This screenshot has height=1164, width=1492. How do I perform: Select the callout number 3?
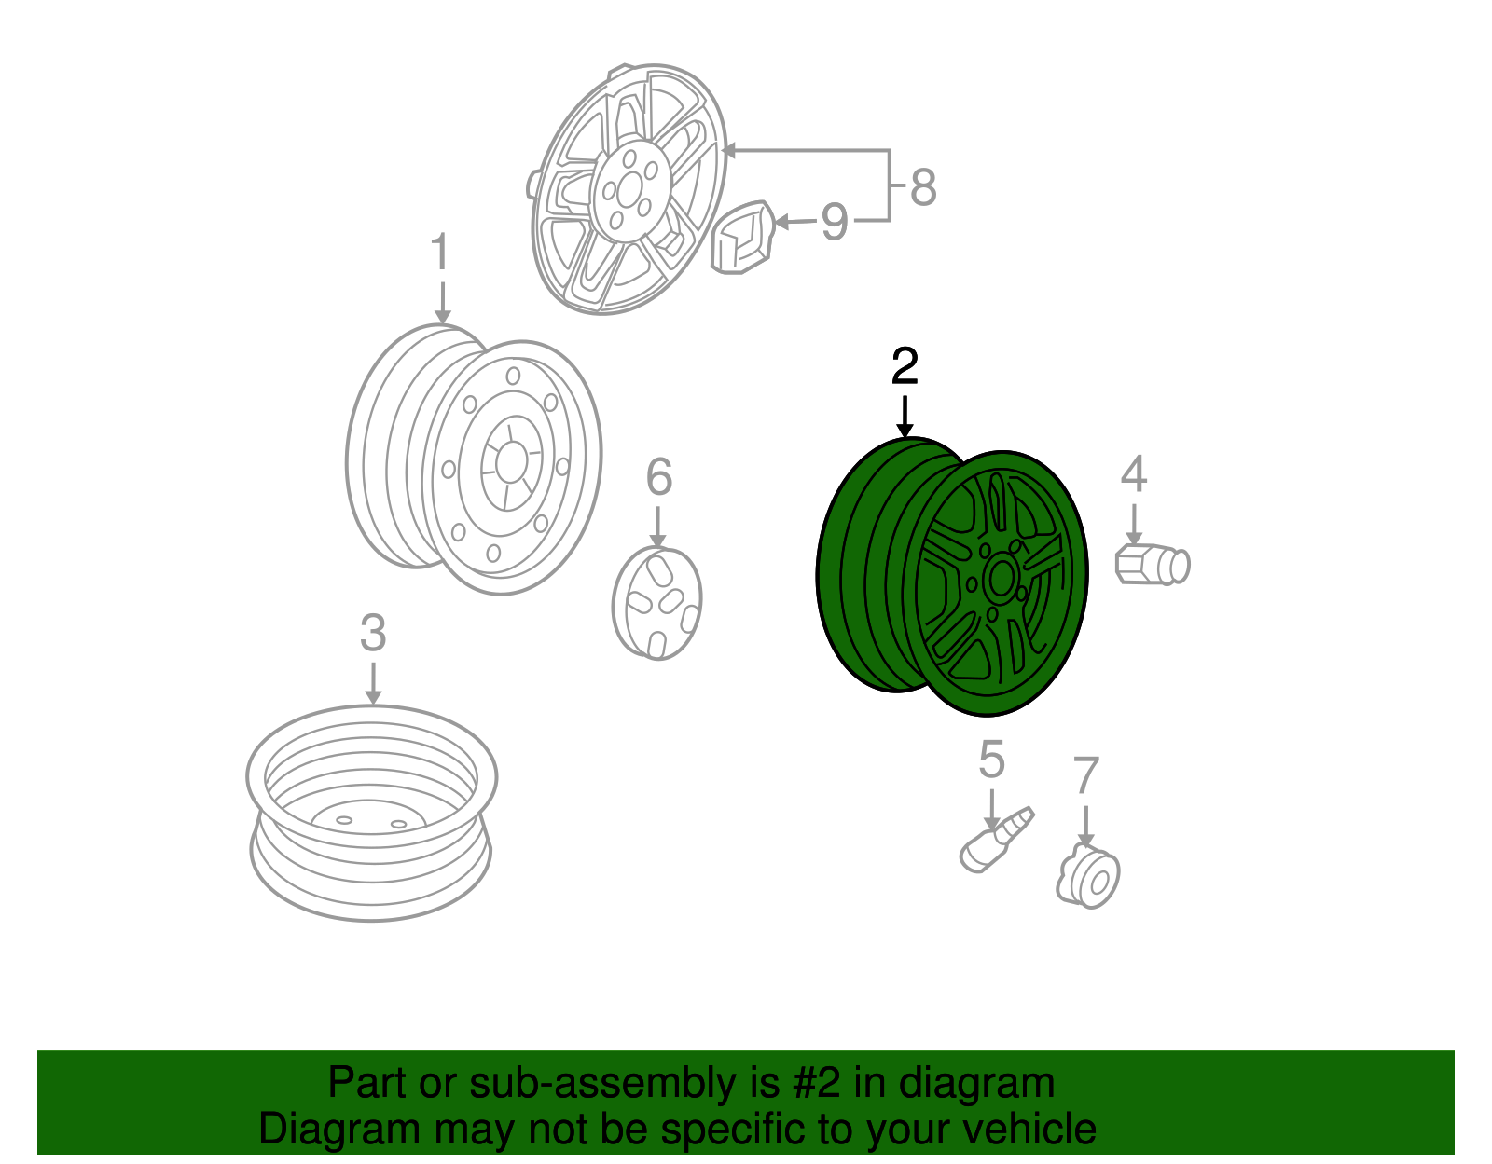point(373,633)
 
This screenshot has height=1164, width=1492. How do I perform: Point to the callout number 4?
point(1134,473)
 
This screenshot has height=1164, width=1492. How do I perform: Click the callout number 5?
point(991,760)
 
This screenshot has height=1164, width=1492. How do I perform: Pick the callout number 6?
point(659,476)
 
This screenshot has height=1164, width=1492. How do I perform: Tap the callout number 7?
point(1085,775)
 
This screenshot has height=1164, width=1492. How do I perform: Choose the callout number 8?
point(923,186)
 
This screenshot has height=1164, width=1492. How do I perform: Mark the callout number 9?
point(835,222)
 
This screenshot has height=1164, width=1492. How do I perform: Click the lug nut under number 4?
point(1153,564)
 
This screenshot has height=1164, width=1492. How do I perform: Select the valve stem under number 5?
point(997,840)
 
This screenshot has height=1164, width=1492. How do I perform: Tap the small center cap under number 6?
point(657,604)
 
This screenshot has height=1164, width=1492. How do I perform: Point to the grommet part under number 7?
point(1087,876)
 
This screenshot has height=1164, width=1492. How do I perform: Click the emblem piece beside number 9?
point(741,238)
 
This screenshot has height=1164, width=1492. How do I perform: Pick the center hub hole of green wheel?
point(1001,581)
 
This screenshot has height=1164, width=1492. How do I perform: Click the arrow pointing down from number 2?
point(905,416)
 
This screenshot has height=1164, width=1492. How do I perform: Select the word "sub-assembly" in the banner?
point(624,1082)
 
